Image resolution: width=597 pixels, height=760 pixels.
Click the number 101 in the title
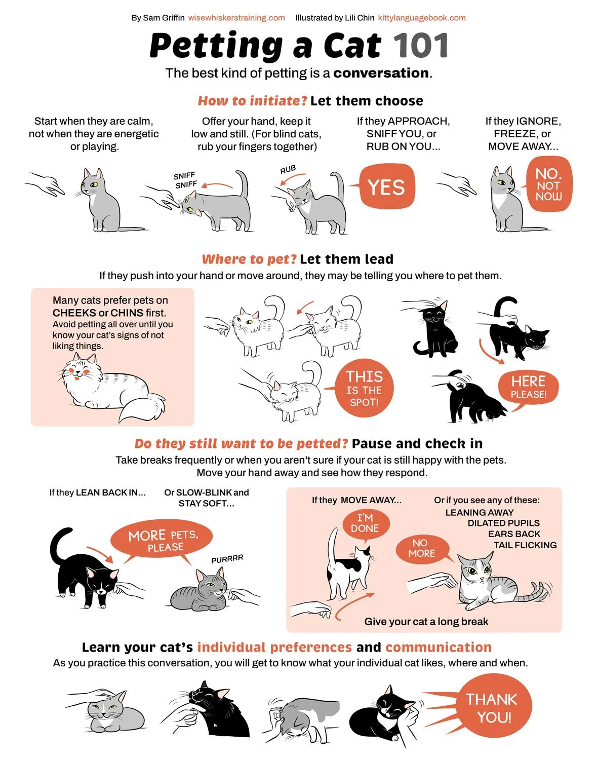point(420,46)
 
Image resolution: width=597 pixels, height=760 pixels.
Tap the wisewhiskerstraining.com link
point(236,18)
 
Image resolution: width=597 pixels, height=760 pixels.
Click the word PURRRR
point(227,559)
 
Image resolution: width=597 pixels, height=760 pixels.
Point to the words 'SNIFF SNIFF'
point(186,180)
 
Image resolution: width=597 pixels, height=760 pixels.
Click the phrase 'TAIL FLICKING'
point(525,545)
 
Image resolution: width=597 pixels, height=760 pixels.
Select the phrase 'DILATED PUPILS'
point(504,523)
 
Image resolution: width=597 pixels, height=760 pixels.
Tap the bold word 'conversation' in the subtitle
point(381,73)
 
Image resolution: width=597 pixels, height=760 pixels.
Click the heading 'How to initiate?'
point(252,101)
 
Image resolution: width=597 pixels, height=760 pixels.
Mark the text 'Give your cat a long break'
point(426,622)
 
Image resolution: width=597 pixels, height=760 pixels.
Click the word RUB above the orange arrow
point(288,170)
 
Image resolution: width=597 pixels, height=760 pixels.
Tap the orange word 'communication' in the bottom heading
point(439,647)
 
